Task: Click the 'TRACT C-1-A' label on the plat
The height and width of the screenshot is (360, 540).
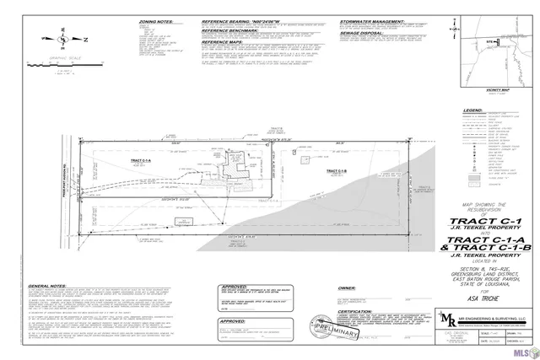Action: pyautogui.click(x=141, y=159)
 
